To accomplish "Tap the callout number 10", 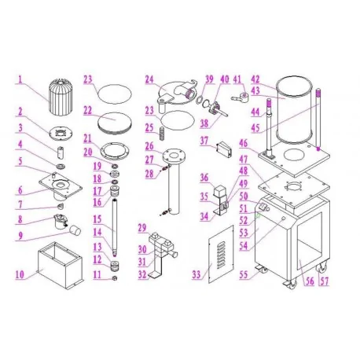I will click(x=20, y=275).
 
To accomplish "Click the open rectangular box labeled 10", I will click(x=60, y=267).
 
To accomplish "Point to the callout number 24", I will click(x=149, y=79).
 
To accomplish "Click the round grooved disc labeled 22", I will click(x=115, y=121).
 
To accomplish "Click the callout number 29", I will click(x=143, y=228).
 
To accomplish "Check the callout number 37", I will click(x=204, y=141).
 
